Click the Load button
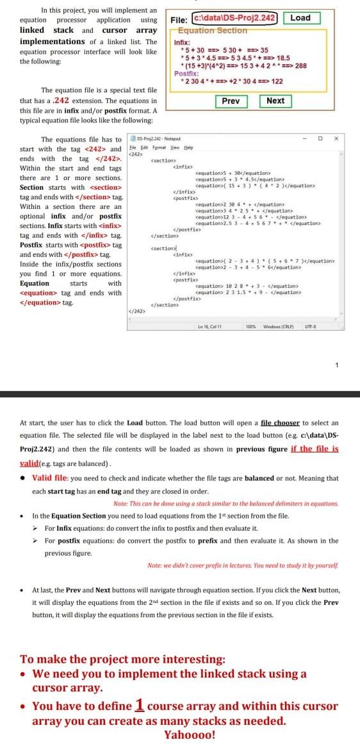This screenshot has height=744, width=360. coord(300,18)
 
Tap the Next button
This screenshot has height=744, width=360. coord(275,101)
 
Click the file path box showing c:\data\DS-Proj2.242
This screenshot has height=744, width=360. coord(229,18)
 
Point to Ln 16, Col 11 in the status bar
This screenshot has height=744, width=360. coord(209,326)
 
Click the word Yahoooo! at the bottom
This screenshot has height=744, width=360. coord(190,735)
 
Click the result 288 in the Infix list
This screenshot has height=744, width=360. coord(300,65)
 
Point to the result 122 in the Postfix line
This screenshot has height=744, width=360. coord(277,81)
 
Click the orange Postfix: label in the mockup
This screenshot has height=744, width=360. coord(185,74)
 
